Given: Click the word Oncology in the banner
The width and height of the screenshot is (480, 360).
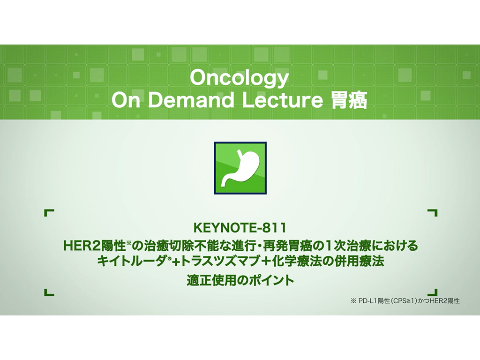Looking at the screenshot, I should tap(240, 79).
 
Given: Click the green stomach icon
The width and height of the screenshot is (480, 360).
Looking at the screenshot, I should tap(240, 167).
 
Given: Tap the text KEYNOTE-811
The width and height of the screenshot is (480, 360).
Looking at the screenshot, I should tap(240, 228).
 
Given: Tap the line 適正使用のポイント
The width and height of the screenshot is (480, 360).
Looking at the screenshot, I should tap(240, 281).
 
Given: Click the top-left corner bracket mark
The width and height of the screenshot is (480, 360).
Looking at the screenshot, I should tap(48, 213).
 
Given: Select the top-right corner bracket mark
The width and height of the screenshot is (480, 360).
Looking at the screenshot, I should tap(432, 213).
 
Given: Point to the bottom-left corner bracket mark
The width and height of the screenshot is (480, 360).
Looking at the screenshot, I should tap(48, 292).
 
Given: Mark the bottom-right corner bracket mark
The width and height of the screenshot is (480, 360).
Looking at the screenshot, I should tap(432, 292).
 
